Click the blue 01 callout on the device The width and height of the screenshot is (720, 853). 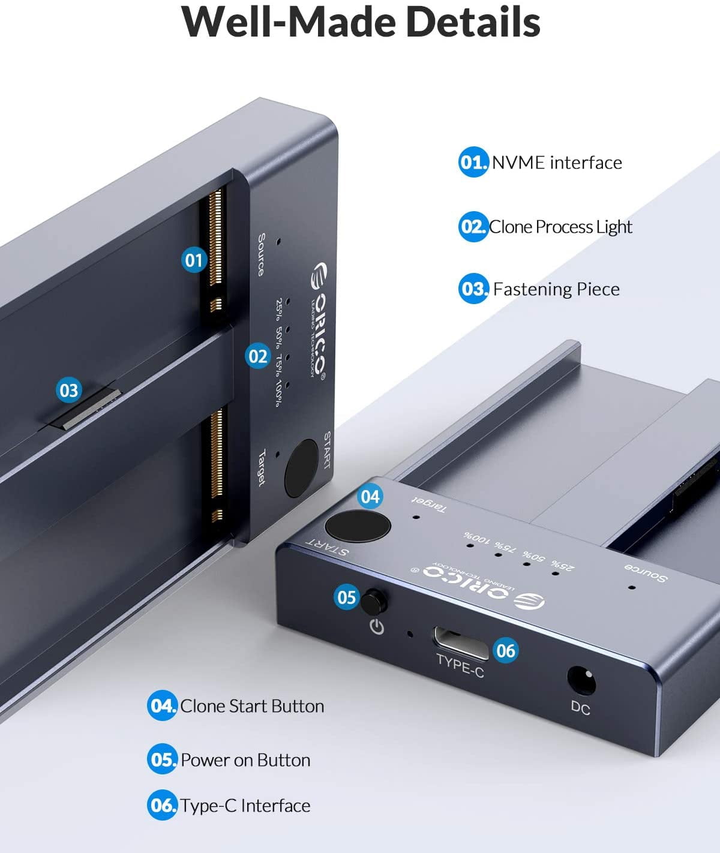coord(194,260)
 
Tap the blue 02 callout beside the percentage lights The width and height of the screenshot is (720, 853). coord(258,356)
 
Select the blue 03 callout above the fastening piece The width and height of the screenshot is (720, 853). coord(68,390)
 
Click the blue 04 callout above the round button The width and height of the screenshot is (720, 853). coord(370,496)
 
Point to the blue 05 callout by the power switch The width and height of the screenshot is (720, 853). coord(347,597)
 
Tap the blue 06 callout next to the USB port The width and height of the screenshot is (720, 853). coord(505,651)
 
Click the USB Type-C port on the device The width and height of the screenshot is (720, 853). coord(460,642)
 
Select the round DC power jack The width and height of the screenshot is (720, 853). coord(581,680)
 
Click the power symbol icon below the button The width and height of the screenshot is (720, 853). coord(377,627)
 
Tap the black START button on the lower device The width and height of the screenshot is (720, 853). coord(358,526)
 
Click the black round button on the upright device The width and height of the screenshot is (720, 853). coord(301,468)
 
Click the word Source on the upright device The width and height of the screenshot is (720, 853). coord(261,254)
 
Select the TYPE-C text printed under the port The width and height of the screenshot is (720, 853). coord(460,666)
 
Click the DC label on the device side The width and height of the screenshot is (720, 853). coord(580,708)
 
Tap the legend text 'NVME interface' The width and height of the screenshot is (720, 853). coord(557,163)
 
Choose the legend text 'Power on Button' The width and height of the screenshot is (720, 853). coord(245,760)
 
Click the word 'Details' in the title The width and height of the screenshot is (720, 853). coord(473,22)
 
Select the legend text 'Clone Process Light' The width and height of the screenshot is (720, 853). coord(560,227)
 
